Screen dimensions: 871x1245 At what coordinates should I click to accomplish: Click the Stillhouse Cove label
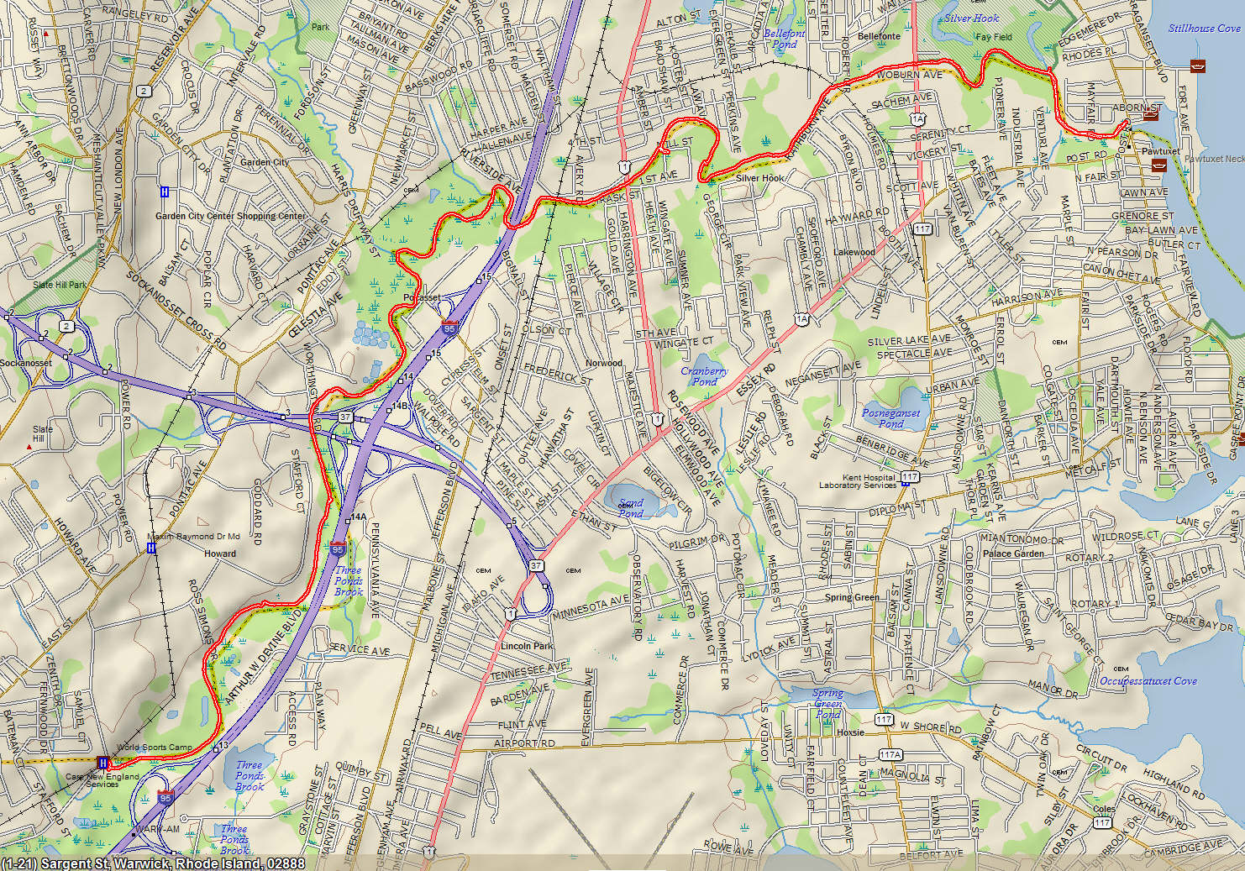[x=1203, y=29]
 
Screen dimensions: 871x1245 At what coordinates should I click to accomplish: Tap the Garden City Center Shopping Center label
[x=230, y=216]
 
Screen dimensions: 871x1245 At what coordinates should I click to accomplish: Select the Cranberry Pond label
[x=704, y=375]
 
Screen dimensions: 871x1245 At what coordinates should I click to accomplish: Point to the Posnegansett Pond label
[x=890, y=418]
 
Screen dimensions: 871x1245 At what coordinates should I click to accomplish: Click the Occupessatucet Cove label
[x=1148, y=681]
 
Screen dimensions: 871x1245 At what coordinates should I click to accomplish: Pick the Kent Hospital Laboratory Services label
[x=857, y=481]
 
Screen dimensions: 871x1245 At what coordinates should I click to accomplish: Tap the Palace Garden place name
[x=1013, y=554]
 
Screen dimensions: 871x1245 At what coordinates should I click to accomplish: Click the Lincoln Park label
[x=527, y=646]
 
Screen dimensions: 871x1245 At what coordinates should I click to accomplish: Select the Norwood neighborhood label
[x=603, y=363]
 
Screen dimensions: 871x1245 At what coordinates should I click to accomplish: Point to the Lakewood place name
[x=854, y=252]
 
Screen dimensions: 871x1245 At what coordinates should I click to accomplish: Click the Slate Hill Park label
[x=60, y=285]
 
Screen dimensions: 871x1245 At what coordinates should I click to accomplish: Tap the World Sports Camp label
[x=155, y=747]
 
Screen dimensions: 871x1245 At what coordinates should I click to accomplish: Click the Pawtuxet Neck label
[x=1214, y=159]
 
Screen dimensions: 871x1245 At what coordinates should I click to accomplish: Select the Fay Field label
[x=994, y=37]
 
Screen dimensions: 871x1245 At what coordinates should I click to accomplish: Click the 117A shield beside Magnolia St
[x=890, y=754]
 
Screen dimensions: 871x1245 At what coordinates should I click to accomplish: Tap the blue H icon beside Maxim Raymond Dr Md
[x=151, y=548]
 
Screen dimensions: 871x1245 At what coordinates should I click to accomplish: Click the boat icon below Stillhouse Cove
[x=1197, y=66]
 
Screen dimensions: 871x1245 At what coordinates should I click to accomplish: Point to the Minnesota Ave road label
[x=590, y=607]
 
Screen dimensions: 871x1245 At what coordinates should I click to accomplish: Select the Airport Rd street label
[x=524, y=743]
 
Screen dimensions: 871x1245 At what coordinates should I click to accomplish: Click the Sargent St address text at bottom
[x=154, y=863]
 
